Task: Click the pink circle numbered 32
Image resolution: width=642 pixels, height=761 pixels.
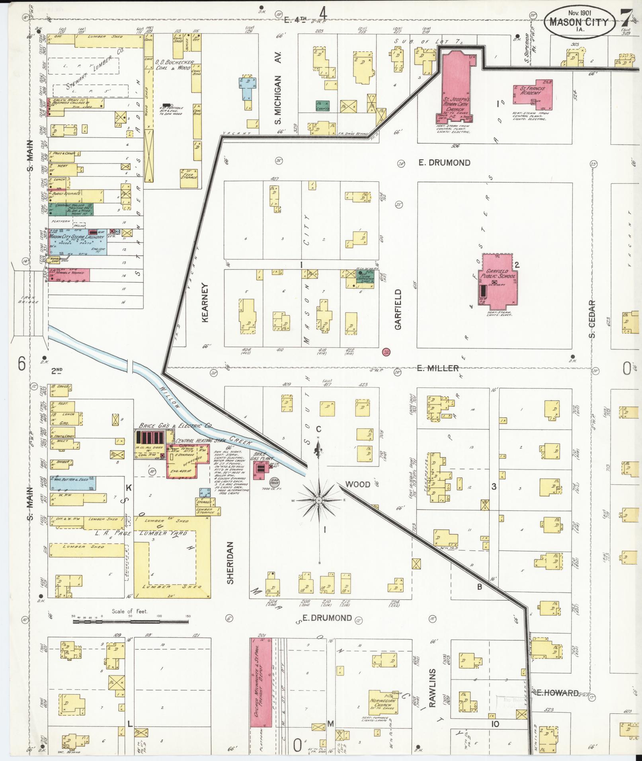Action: point(385,352)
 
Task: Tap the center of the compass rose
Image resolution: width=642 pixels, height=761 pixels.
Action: point(319,500)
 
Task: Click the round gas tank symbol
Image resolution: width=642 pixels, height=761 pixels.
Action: point(275,482)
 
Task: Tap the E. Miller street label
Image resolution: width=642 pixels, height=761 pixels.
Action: point(437,368)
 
